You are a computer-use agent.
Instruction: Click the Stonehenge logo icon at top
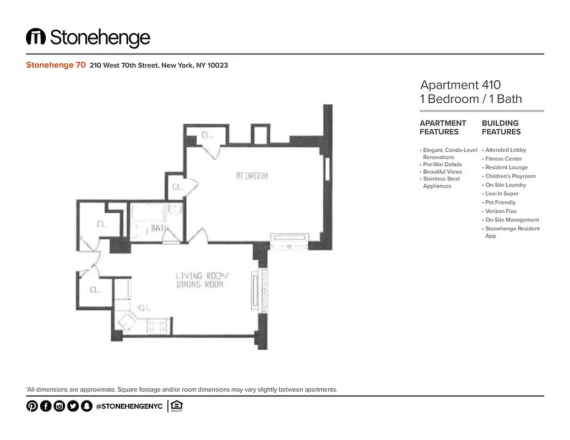click(36, 37)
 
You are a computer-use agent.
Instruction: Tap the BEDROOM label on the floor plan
click(252, 176)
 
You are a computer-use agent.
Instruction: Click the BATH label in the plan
click(160, 228)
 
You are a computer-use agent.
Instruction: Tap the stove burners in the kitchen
click(158, 326)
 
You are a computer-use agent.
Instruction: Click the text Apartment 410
click(460, 85)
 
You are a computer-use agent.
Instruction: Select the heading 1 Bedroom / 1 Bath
click(470, 99)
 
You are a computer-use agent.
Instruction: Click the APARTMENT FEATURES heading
click(443, 127)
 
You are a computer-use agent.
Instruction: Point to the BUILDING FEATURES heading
click(501, 127)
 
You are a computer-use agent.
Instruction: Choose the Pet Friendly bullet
click(500, 202)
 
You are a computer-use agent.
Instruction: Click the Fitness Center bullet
click(503, 158)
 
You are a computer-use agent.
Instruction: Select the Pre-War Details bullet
click(442, 164)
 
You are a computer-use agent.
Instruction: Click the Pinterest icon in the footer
click(32, 406)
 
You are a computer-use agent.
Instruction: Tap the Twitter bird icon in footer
click(73, 406)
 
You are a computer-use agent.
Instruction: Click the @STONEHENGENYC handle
click(129, 406)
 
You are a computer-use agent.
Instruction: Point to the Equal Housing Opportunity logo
click(177, 406)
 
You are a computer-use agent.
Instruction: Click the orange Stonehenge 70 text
click(56, 65)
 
